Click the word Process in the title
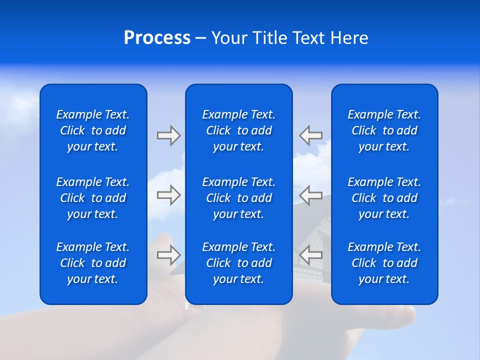click(157, 38)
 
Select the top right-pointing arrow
click(168, 135)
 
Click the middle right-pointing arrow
click(168, 195)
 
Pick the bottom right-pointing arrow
click(168, 255)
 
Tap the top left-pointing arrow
click(310, 135)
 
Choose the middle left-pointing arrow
click(310, 195)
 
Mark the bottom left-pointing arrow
click(310, 255)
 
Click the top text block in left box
click(93, 130)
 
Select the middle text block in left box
click(93, 198)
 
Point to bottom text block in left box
click(93, 263)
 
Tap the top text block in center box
click(238, 130)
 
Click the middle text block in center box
click(238, 198)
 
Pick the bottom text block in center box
click(238, 263)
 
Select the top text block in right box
click(384, 130)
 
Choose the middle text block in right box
click(384, 198)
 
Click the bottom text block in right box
click(384, 263)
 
